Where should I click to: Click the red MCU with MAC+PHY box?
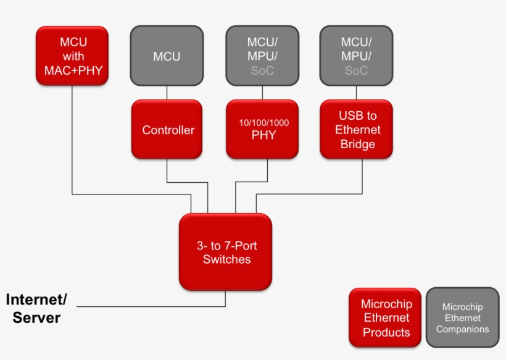(73, 56)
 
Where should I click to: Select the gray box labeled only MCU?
(167, 56)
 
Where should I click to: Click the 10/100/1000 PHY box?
(263, 130)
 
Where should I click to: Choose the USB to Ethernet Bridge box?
(357, 130)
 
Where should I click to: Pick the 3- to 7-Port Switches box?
(226, 253)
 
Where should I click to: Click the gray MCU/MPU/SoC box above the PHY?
(262, 56)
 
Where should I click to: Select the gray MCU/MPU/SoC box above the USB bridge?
(357, 56)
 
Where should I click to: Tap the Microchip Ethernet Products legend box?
(386, 318)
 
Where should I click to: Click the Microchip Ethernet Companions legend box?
(462, 318)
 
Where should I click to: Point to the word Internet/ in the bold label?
(36, 300)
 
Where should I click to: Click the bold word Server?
(36, 318)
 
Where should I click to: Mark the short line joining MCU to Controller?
(167, 93)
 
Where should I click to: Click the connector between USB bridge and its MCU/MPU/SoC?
(357, 93)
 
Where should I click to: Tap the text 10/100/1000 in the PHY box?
(263, 123)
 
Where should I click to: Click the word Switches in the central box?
(226, 259)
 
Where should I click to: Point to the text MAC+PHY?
(73, 70)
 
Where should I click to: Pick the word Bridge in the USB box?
(357, 144)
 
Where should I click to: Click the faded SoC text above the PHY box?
(262, 70)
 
